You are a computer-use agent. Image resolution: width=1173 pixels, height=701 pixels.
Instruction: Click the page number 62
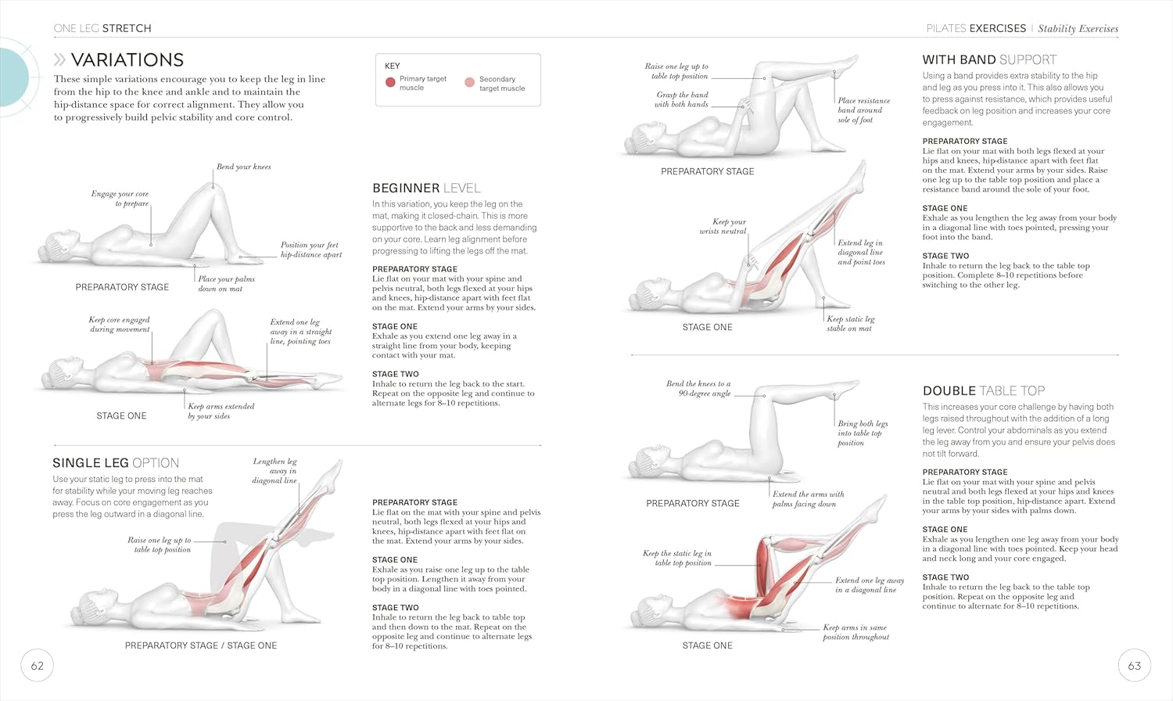click(x=38, y=666)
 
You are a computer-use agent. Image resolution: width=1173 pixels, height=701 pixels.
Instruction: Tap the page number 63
click(x=1134, y=666)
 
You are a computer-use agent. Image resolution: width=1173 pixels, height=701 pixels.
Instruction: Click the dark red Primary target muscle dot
click(x=390, y=82)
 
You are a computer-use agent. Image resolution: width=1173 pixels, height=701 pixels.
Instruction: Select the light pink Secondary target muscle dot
click(x=470, y=82)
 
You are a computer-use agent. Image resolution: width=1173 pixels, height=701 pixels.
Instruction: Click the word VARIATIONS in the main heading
click(x=127, y=59)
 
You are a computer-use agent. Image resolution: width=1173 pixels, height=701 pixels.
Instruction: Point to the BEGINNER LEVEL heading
click(x=426, y=188)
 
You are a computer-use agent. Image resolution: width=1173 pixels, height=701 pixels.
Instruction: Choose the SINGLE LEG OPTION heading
click(x=116, y=462)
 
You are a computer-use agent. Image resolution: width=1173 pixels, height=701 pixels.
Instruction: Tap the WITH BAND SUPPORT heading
click(x=989, y=59)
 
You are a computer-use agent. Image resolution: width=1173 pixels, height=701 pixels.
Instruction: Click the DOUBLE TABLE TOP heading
click(x=984, y=391)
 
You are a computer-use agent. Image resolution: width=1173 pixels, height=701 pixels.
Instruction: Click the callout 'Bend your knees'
click(x=243, y=167)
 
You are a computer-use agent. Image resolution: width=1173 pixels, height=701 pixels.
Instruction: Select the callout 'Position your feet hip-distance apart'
click(x=311, y=250)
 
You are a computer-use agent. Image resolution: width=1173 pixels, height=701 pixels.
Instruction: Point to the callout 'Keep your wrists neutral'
click(x=723, y=226)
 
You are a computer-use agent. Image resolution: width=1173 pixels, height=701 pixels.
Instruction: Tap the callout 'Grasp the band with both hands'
click(x=682, y=99)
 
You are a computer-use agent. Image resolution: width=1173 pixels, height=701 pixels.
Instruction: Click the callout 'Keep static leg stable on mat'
click(x=851, y=324)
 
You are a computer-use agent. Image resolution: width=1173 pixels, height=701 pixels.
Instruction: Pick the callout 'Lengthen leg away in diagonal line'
click(x=274, y=471)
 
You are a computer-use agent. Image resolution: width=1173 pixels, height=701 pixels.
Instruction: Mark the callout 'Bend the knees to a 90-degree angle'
click(x=698, y=388)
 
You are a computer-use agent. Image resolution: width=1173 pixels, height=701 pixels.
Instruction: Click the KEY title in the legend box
click(x=393, y=66)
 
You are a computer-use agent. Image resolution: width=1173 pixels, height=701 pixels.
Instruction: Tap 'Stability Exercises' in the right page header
click(x=1078, y=29)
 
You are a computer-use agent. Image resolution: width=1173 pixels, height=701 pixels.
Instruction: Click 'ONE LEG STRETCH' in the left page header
click(x=102, y=28)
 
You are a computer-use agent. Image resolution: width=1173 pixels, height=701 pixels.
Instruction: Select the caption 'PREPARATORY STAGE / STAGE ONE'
click(x=200, y=645)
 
